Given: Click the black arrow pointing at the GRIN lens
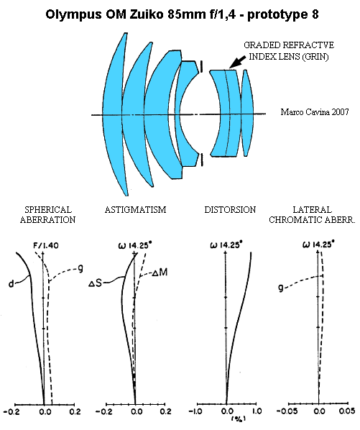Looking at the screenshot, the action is [x=237, y=62].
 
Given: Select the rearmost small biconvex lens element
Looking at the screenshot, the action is [x=247, y=113].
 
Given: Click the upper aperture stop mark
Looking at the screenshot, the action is [x=202, y=66].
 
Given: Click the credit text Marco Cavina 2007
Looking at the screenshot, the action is [x=315, y=112].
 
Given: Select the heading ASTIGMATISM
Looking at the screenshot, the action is [x=135, y=210].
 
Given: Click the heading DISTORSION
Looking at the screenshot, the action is [x=230, y=210].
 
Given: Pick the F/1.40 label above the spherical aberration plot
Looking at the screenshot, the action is [x=46, y=245].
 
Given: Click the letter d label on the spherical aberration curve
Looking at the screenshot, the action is [x=11, y=284].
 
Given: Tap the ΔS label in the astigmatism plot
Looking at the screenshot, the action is [x=96, y=283].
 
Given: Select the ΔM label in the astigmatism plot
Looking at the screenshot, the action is [x=160, y=273].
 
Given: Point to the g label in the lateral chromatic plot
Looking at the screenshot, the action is [x=280, y=288].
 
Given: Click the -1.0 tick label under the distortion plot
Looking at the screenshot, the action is [x=195, y=411].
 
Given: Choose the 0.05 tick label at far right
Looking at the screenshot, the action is [x=348, y=411].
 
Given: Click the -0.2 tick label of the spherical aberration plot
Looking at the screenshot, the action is [x=11, y=411].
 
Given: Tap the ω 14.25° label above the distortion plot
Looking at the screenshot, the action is [x=226, y=245].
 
